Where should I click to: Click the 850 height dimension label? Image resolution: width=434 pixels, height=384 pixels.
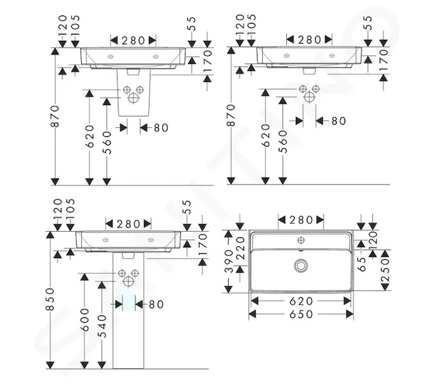(50, 300)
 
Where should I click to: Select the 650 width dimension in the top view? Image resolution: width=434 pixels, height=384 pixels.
(301, 314)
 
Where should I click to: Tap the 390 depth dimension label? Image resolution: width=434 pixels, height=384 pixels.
(229, 261)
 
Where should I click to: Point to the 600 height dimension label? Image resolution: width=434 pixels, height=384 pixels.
(85, 320)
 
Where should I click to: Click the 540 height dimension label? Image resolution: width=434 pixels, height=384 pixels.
(102, 326)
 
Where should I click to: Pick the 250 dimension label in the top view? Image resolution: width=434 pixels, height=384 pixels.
(385, 270)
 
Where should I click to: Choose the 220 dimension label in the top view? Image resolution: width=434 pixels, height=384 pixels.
(240, 248)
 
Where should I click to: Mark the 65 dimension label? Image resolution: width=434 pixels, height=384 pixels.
(362, 264)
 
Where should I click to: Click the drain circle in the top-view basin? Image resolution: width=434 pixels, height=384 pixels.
(300, 266)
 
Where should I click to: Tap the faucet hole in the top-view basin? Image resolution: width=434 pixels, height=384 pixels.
(301, 240)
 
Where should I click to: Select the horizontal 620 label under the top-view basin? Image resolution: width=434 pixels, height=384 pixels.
(301, 301)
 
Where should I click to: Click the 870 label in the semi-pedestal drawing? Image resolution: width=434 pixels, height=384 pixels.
(55, 116)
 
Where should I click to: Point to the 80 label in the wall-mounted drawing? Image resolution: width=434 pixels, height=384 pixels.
(339, 121)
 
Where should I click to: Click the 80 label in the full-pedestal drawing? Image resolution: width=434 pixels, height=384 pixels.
(156, 305)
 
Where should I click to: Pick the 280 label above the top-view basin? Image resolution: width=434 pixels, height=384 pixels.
(301, 220)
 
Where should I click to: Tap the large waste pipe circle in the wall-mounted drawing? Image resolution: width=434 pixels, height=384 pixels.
(309, 97)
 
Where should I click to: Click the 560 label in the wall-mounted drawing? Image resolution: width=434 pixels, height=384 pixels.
(283, 141)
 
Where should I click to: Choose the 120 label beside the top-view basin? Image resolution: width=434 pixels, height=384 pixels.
(373, 238)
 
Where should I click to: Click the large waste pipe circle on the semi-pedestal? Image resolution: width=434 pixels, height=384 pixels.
(133, 99)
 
